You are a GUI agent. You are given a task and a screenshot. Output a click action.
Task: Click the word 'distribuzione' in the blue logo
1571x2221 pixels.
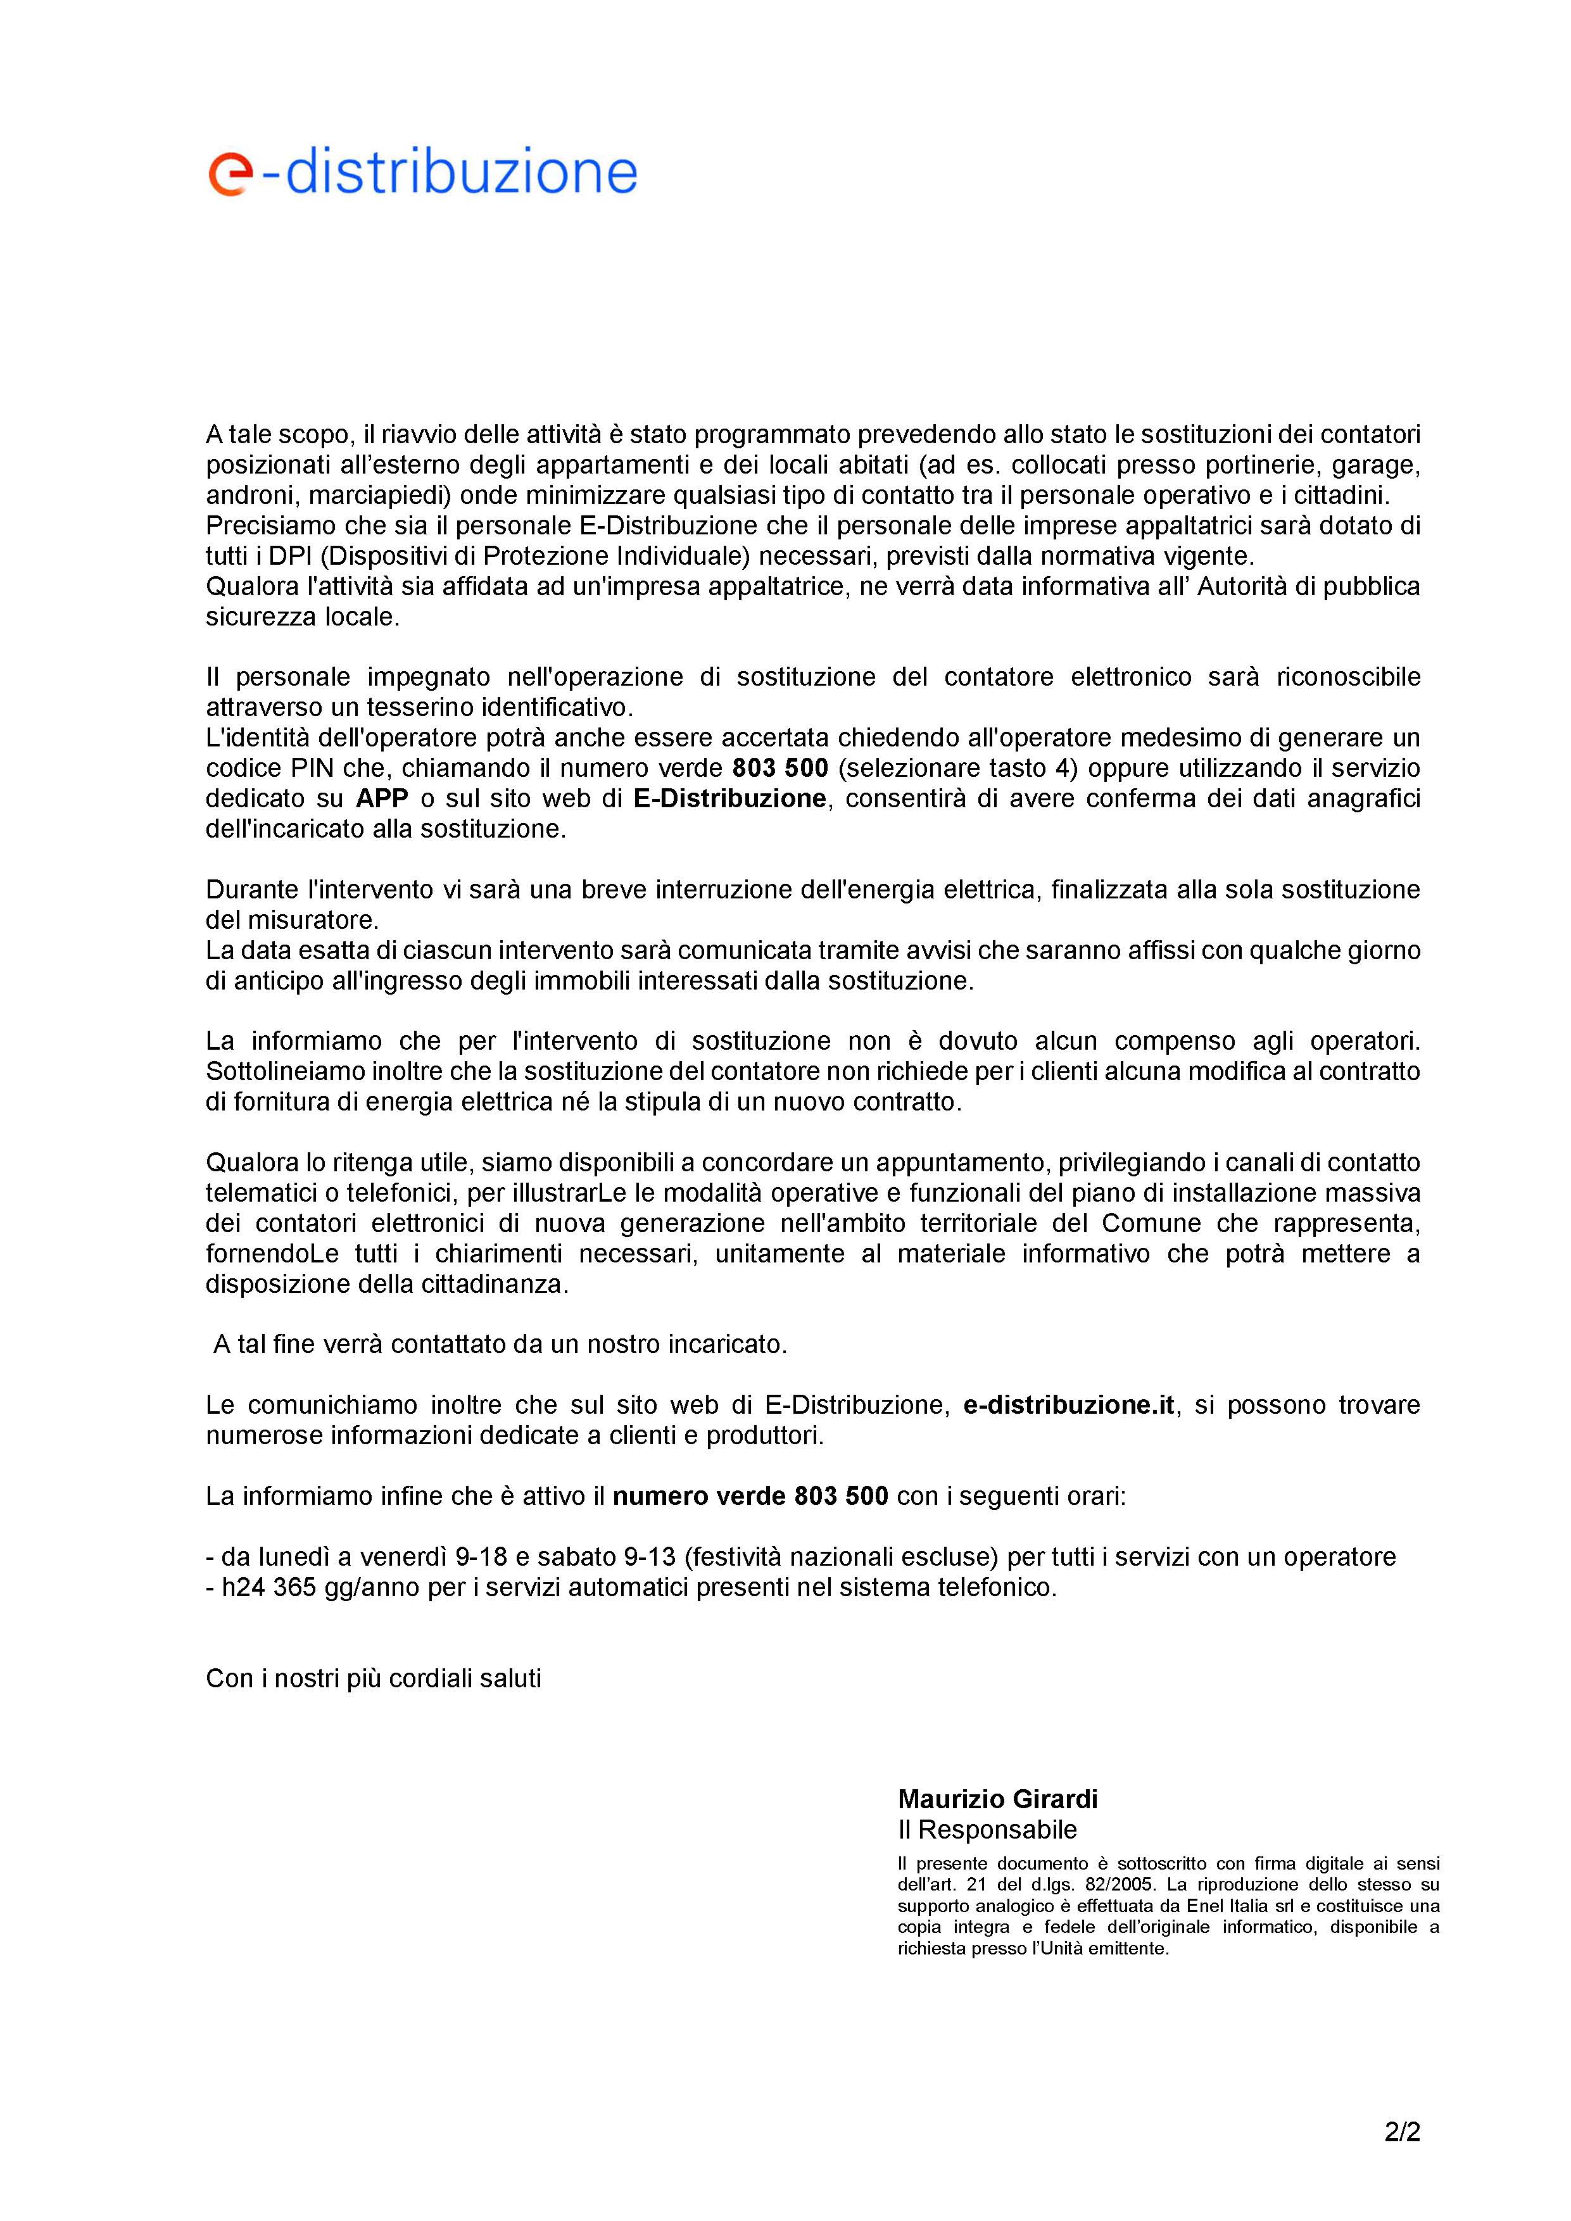click(462, 172)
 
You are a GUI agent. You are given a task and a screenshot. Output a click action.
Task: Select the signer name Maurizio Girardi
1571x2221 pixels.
click(997, 1799)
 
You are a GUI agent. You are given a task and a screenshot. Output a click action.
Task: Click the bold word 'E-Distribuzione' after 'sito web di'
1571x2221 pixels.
click(730, 798)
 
